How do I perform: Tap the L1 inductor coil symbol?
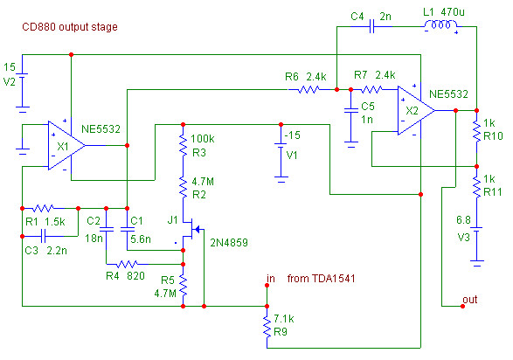tap(441, 24)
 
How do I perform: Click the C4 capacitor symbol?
tap(371, 26)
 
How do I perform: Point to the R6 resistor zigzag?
tap(308, 89)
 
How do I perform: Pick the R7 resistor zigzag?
tap(371, 89)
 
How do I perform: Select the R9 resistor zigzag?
tap(267, 327)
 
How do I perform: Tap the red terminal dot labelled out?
tap(462, 307)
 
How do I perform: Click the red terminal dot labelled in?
tap(267, 286)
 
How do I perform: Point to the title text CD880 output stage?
tap(70, 27)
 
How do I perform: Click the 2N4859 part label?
tap(229, 243)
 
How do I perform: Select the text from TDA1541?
tap(321, 279)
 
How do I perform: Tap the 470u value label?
tap(453, 12)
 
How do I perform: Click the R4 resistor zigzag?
tap(128, 264)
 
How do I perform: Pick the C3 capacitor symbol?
tap(43, 236)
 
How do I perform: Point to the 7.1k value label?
tap(284, 318)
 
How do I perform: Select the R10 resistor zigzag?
tap(476, 131)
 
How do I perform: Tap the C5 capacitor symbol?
tap(351, 110)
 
